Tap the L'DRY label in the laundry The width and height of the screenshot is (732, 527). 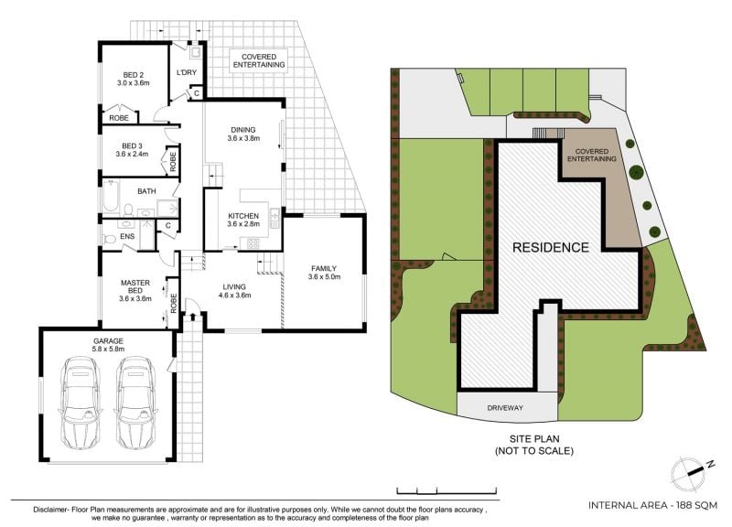187,72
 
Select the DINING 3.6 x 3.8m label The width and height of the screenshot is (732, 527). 243,134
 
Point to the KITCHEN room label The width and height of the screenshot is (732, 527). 243,216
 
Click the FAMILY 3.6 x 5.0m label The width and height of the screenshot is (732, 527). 324,273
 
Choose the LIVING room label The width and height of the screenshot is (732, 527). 234,286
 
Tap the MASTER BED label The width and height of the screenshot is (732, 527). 135,286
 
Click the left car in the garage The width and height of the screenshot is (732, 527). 81,403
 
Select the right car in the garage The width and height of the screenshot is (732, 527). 136,403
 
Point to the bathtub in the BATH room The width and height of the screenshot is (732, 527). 111,196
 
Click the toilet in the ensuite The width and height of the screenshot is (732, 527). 109,239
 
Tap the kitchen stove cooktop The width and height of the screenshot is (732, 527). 253,243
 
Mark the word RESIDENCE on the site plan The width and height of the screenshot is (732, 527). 551,247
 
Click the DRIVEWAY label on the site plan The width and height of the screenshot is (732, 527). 505,408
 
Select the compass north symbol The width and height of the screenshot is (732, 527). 692,473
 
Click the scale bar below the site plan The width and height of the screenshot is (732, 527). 447,490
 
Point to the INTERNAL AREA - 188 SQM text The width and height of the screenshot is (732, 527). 652,505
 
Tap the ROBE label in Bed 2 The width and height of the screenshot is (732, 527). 119,118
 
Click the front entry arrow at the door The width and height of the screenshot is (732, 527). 193,317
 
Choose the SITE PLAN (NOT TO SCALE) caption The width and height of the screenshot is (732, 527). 534,445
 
